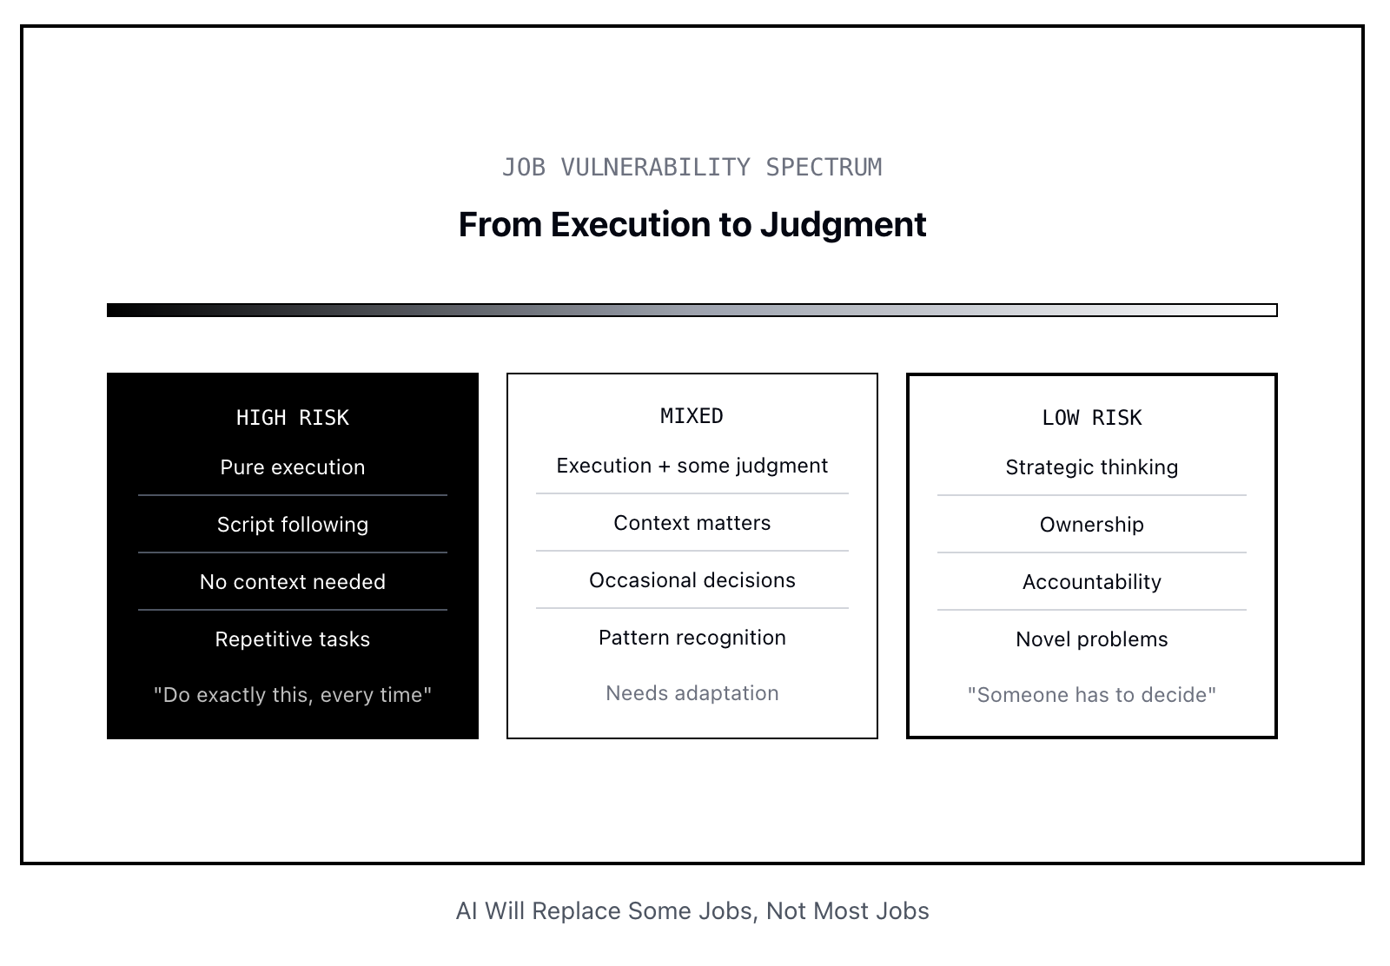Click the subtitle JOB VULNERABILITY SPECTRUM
[692, 168]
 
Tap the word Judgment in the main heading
[844, 225]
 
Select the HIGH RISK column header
[292, 418]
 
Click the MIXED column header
[692, 416]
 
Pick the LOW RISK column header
[1091, 418]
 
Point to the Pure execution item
[292, 467]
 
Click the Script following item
[292, 525]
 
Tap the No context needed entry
[292, 582]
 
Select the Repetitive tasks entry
[292, 639]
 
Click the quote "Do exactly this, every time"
[292, 695]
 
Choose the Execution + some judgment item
[692, 466]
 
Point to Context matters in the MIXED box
[692, 523]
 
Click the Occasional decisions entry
[692, 580]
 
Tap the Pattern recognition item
[692, 638]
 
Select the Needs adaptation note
[692, 693]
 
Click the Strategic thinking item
[1091, 467]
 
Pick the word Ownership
[1091, 525]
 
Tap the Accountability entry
[1091, 582]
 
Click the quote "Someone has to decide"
[1091, 695]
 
